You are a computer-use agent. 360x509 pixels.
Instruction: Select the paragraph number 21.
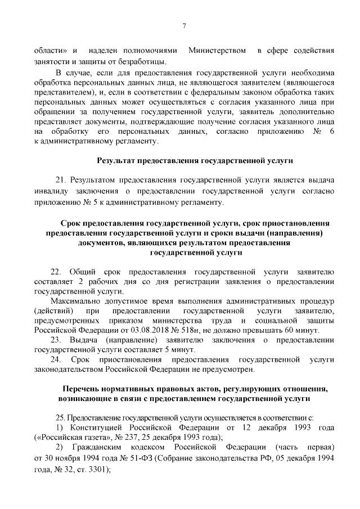(61, 181)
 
